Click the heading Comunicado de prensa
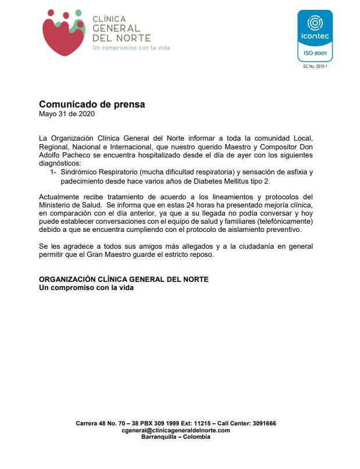pyautogui.click(x=91, y=105)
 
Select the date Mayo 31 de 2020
pyautogui.click(x=66, y=114)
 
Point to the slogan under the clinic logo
pyautogui.click(x=131, y=48)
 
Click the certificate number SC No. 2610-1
pyautogui.click(x=315, y=66)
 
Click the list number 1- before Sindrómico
pyautogui.click(x=53, y=173)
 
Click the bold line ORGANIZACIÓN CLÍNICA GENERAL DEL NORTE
pyautogui.click(x=123, y=280)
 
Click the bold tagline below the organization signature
pyautogui.click(x=86, y=288)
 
